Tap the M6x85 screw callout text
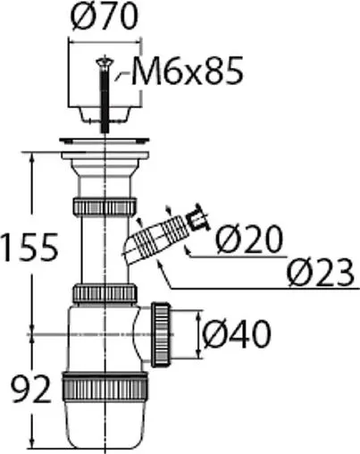point(187,71)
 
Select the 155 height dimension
point(29,247)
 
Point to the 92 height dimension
point(30,389)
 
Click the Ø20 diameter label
point(249,239)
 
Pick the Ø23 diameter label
point(321,272)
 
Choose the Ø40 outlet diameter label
point(237,333)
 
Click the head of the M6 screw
point(105,63)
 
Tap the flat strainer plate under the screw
point(105,139)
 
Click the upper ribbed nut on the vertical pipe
point(105,206)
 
